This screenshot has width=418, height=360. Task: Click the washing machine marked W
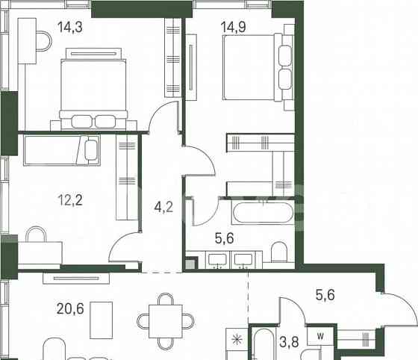point(319,338)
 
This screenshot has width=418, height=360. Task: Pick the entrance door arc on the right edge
point(391,309)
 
